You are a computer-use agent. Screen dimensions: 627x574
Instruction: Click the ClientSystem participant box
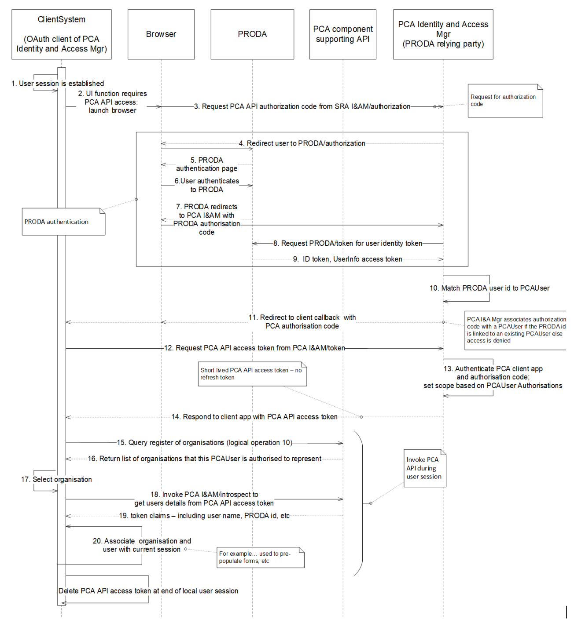[x=62, y=34]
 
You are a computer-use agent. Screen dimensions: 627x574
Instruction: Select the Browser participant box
[x=161, y=34]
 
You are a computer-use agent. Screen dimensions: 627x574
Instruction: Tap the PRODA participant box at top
[x=252, y=34]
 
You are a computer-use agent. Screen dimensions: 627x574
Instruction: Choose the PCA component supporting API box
[x=343, y=34]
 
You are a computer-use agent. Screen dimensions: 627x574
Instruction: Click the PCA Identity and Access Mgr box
[x=443, y=34]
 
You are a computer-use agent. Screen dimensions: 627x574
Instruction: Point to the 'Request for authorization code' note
[x=505, y=101]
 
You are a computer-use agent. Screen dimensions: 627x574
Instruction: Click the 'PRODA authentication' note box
[x=63, y=222]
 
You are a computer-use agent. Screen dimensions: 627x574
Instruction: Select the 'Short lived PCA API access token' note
[x=252, y=374]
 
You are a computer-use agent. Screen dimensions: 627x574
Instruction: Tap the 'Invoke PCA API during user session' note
[x=425, y=468]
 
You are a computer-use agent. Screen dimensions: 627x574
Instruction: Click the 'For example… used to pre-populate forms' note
[x=260, y=558]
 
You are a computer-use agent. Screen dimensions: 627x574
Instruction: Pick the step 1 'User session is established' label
[x=58, y=84]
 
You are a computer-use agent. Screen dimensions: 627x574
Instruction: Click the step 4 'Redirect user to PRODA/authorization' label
[x=302, y=143]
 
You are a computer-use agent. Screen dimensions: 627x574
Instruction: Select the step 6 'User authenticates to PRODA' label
[x=206, y=185]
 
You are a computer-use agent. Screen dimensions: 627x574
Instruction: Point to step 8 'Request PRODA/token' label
[x=348, y=243]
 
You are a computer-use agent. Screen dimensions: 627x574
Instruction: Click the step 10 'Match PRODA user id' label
[x=489, y=288]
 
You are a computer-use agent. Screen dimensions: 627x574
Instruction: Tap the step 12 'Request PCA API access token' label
[x=254, y=348]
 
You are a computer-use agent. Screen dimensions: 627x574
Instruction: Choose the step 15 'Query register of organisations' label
[x=204, y=442]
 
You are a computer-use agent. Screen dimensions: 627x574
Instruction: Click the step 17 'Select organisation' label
[x=56, y=479]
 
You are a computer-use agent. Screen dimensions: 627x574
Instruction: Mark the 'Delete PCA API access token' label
[x=148, y=591]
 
